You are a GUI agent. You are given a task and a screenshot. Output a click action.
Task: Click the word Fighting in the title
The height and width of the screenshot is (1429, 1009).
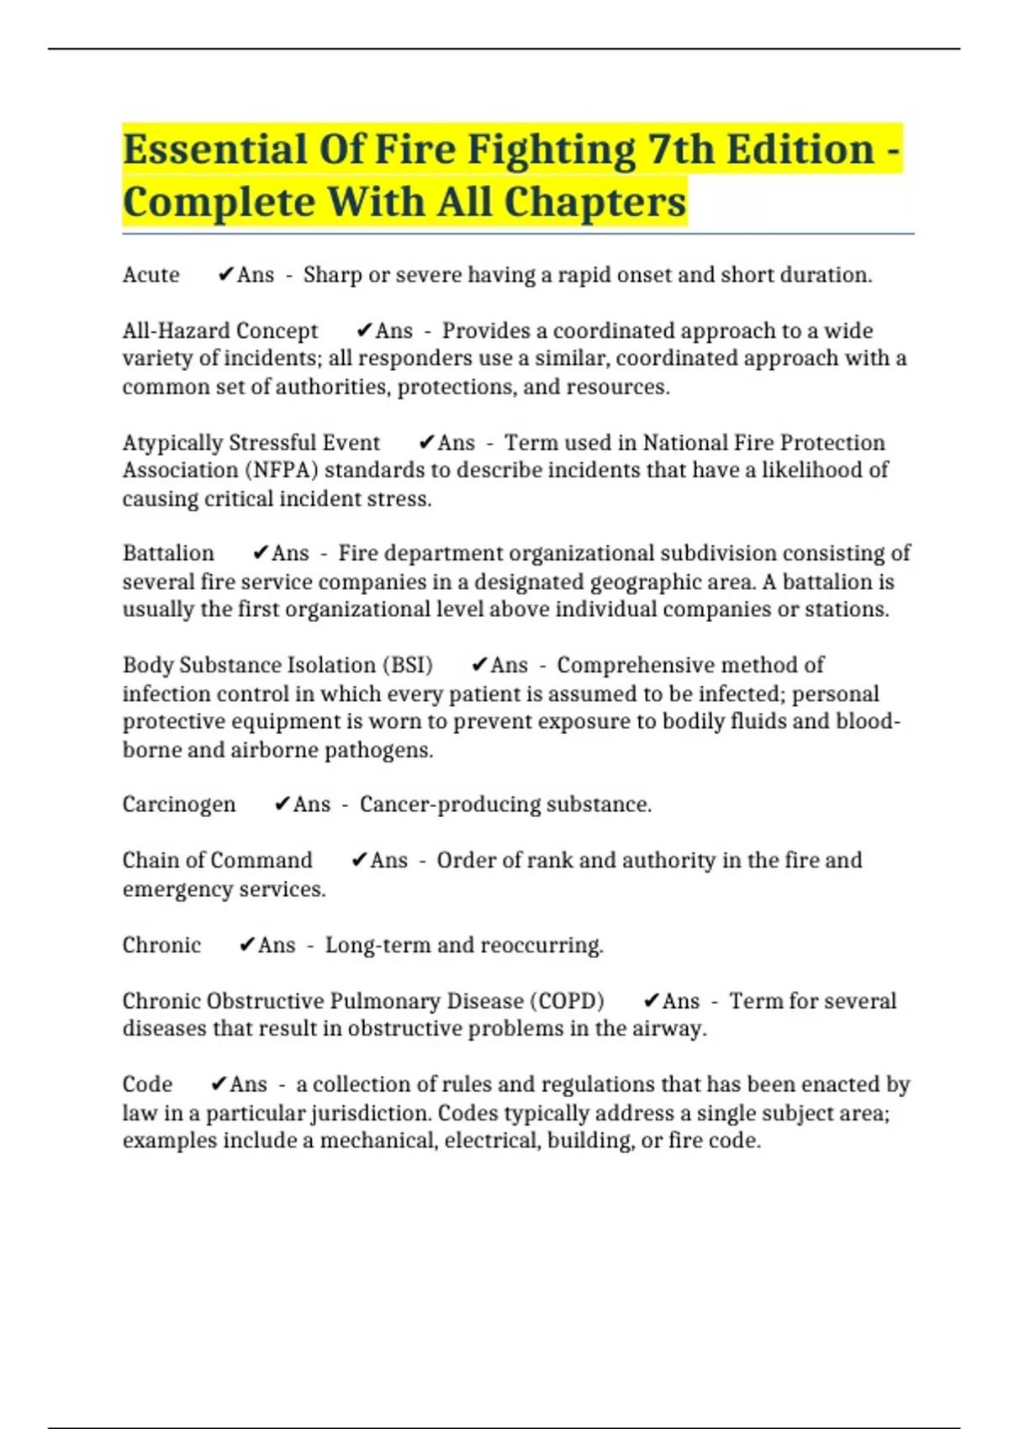coord(551,150)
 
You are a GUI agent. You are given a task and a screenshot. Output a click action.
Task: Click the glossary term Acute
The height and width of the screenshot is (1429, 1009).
coord(151,275)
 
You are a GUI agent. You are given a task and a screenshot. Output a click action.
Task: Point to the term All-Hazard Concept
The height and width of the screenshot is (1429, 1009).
coord(220,330)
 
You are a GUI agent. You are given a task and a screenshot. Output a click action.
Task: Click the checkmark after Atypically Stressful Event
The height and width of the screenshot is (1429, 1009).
coord(425,442)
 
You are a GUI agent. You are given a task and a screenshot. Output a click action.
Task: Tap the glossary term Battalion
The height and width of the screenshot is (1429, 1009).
coord(168,553)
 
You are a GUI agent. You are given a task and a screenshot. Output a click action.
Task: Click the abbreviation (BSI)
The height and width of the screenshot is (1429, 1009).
coord(408,665)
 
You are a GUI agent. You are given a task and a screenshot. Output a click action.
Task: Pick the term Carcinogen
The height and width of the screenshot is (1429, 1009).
coord(179,804)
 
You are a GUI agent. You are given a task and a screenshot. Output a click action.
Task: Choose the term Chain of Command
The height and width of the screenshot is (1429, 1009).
coord(217,861)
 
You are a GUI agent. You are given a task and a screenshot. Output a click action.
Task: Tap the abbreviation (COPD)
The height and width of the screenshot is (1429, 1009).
coord(566,1001)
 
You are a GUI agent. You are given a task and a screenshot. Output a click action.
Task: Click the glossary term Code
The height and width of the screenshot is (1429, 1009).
coord(147,1084)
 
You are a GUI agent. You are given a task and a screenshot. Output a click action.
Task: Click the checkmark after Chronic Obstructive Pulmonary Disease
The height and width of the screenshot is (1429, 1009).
coord(650,1001)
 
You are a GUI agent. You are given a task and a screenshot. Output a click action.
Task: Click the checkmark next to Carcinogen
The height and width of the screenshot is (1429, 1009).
coord(282,804)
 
